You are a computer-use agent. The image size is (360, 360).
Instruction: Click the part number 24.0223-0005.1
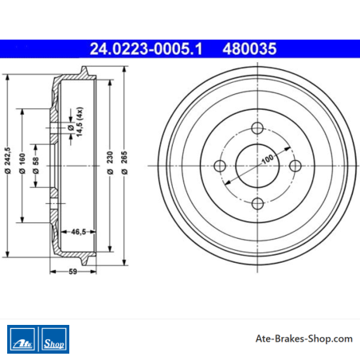point(146,49)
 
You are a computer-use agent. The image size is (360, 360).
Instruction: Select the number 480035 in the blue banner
point(249,49)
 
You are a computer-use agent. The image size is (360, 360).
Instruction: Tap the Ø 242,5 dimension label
point(8,160)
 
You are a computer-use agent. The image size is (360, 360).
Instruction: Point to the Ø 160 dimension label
point(22,163)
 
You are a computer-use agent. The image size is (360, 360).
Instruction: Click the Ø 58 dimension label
point(36,166)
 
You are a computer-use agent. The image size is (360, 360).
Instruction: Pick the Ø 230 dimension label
point(110,162)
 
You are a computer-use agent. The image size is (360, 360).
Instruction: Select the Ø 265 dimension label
point(124,162)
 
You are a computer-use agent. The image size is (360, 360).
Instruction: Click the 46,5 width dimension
point(78,232)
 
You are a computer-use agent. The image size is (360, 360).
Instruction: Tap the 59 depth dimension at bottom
point(72,272)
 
